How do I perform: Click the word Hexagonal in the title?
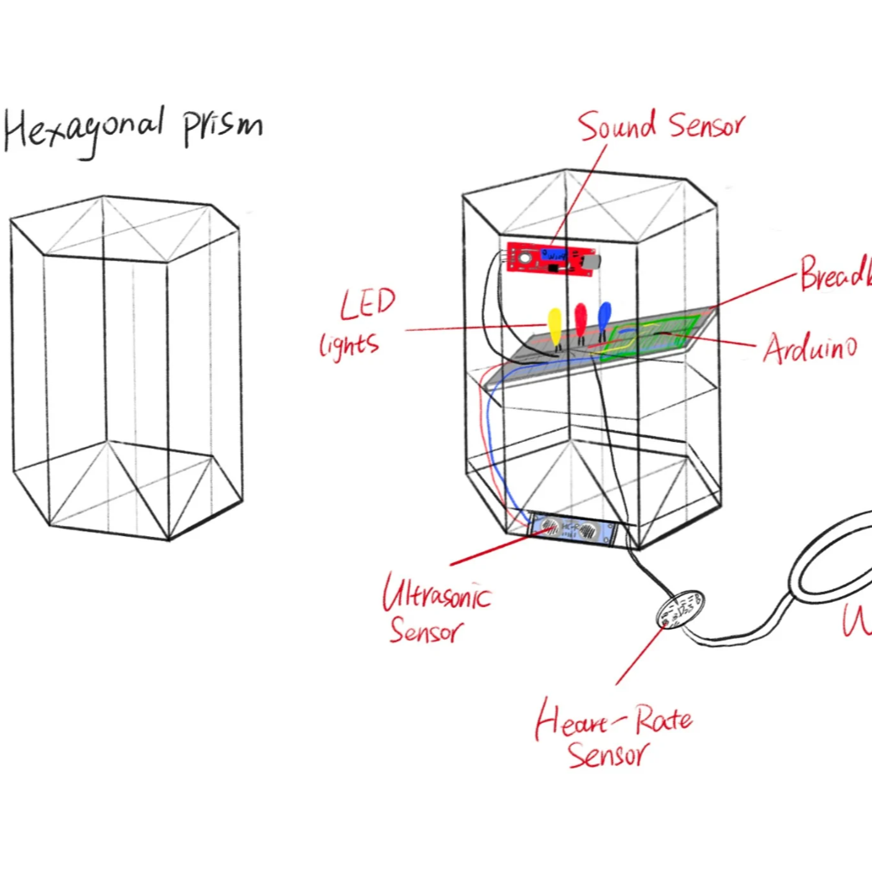84,130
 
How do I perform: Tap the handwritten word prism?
223,126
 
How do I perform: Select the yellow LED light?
554,325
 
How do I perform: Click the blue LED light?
604,316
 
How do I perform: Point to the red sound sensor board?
551,259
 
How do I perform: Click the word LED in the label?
368,304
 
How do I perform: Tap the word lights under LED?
349,343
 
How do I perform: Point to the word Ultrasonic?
436,593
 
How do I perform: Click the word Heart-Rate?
614,721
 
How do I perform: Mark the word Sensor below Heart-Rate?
608,754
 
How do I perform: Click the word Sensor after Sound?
706,126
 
